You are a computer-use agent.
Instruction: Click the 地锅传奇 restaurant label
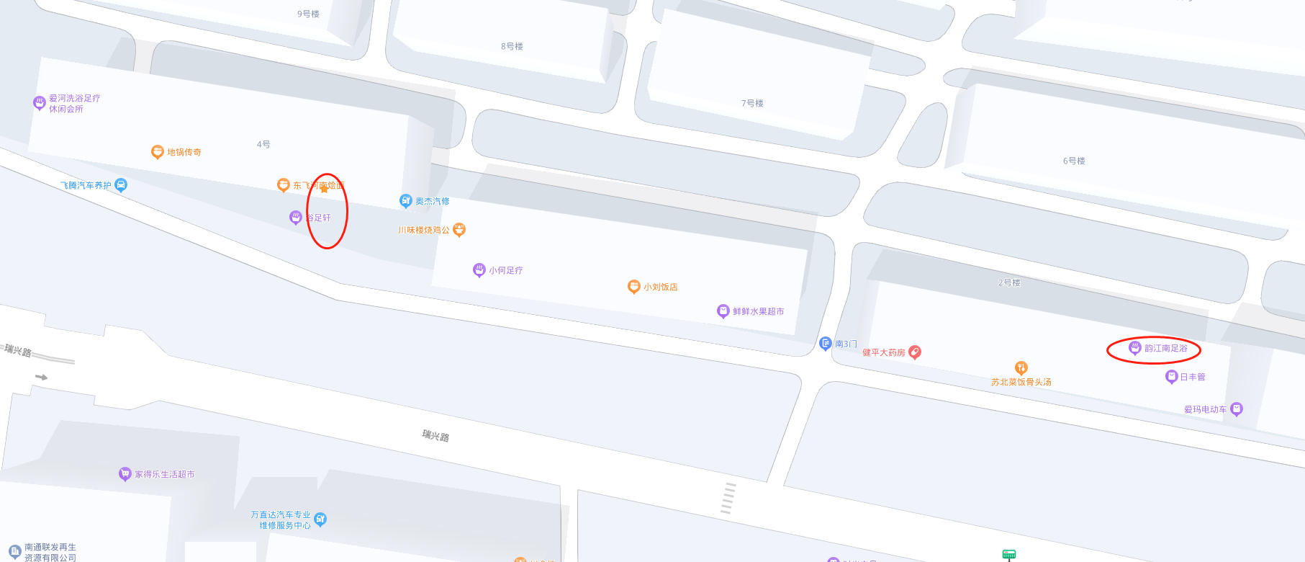point(184,152)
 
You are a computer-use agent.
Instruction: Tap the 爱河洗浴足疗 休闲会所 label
point(74,104)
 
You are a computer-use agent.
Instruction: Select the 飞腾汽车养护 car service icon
point(121,185)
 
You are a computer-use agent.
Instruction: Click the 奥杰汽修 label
point(432,201)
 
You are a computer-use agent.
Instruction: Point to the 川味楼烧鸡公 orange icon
point(459,230)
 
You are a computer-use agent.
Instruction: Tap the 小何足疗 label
point(505,270)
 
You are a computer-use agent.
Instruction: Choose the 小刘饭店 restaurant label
point(660,287)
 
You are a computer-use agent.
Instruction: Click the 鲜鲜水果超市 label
point(758,311)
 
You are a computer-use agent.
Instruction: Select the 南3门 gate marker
point(826,344)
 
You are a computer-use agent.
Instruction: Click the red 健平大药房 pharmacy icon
point(915,352)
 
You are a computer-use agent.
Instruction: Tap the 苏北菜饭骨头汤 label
point(1021,382)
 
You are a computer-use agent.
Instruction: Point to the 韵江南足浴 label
point(1165,349)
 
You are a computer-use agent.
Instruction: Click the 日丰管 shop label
point(1192,377)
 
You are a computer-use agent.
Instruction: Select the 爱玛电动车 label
point(1205,409)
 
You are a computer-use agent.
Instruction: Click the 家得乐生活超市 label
point(164,474)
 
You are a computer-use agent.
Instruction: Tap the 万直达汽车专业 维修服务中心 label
point(281,519)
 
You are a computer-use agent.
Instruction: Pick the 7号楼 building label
point(752,103)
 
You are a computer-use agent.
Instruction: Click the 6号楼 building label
point(1074,161)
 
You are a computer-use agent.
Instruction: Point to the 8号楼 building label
point(512,46)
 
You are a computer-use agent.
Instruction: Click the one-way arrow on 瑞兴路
point(41,377)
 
